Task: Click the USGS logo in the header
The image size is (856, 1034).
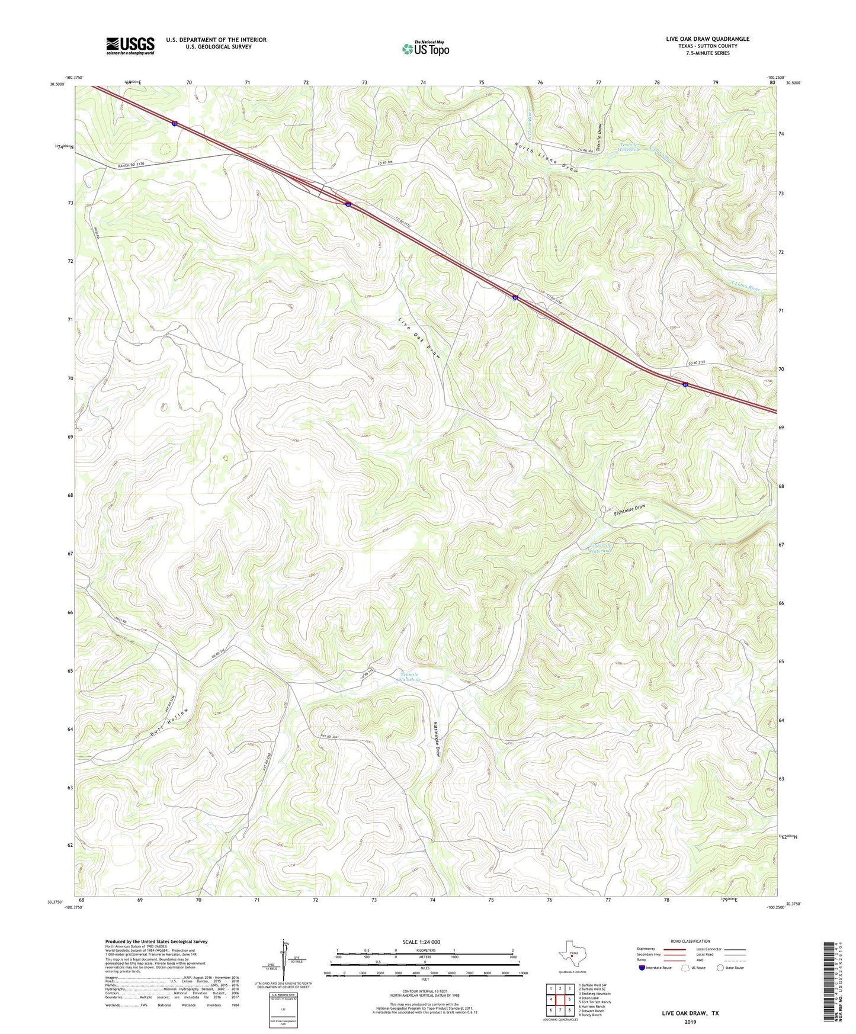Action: [x=130, y=46]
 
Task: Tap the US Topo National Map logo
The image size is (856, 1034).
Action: [x=425, y=49]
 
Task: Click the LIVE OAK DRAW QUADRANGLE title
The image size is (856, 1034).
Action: [x=707, y=39]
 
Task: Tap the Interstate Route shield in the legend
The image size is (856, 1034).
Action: [x=643, y=968]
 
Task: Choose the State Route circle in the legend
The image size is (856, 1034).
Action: [x=720, y=968]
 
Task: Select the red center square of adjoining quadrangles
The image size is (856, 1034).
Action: [x=560, y=998]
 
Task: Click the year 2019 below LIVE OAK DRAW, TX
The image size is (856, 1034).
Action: [x=690, y=1022]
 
